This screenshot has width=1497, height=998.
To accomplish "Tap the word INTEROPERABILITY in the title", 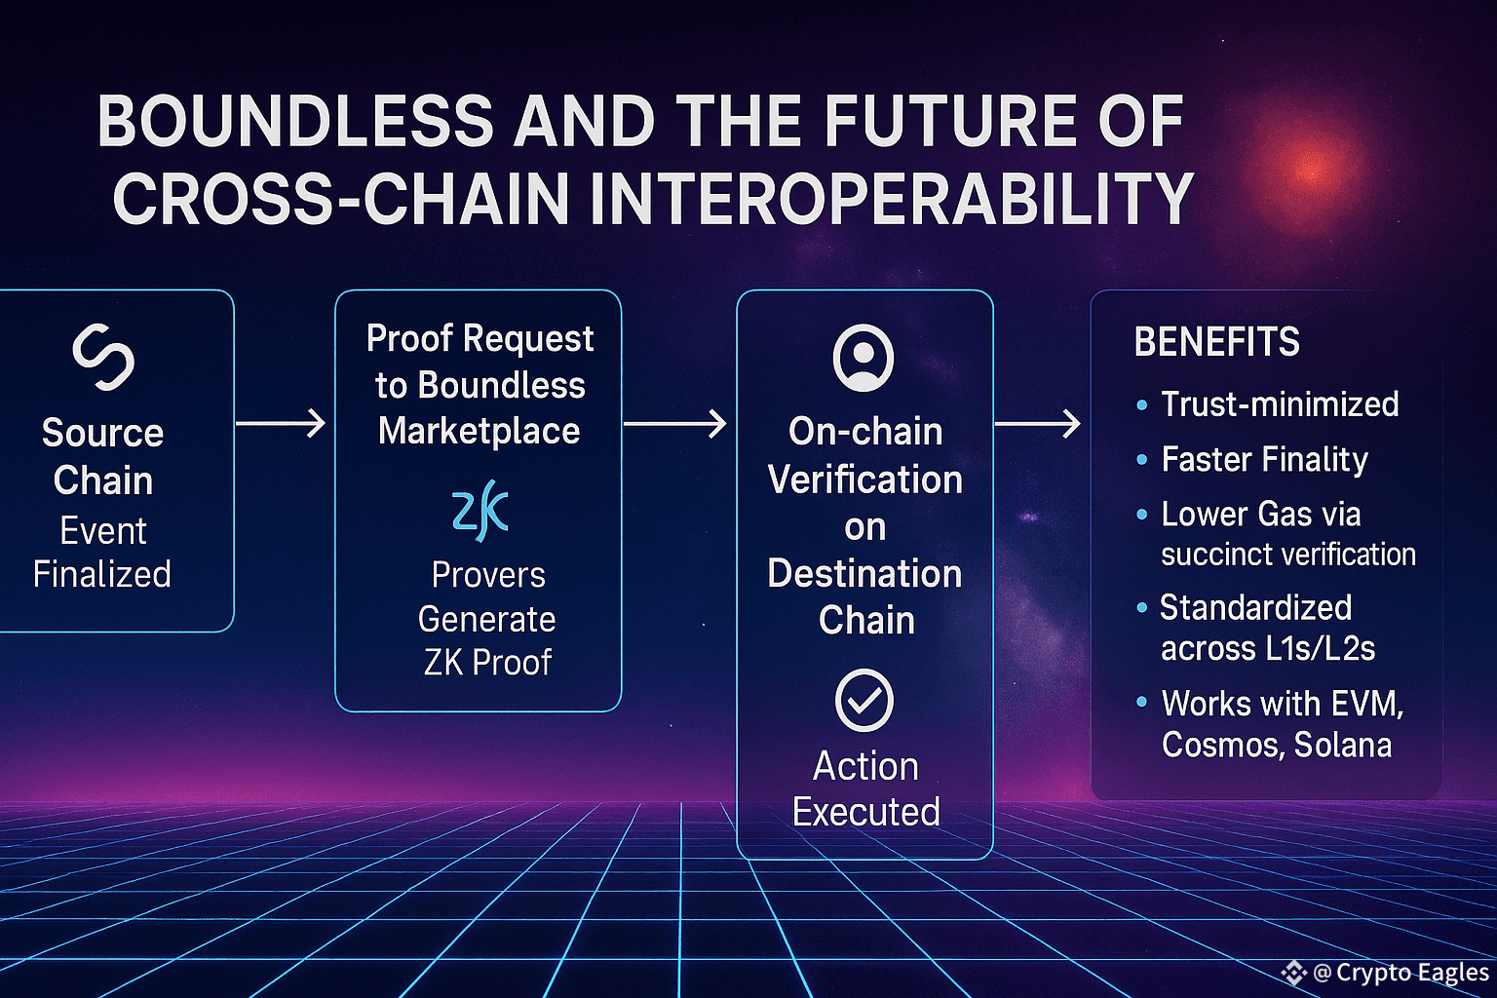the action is click(892, 199).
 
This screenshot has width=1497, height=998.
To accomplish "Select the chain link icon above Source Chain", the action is click(103, 357).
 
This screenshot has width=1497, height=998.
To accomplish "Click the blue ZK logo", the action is click(480, 510).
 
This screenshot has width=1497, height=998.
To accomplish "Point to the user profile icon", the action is click(864, 358).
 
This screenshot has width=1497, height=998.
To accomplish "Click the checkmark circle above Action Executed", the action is click(864, 699).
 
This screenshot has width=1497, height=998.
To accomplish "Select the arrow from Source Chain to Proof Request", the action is click(281, 423).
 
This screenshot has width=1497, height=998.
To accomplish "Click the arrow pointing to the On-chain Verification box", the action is click(675, 424).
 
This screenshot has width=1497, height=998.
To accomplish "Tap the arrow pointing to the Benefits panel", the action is click(1038, 424).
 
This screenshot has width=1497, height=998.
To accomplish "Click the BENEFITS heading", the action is click(1216, 341).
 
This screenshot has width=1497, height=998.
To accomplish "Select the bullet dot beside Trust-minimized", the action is click(1142, 405).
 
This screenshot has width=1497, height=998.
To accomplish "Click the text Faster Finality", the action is click(1264, 460).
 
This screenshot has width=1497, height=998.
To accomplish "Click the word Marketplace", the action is click(480, 431).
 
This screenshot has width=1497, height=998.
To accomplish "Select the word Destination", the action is click(864, 573).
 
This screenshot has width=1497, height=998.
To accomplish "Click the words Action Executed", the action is click(866, 788).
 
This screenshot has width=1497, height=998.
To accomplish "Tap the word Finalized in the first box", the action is click(102, 574).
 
